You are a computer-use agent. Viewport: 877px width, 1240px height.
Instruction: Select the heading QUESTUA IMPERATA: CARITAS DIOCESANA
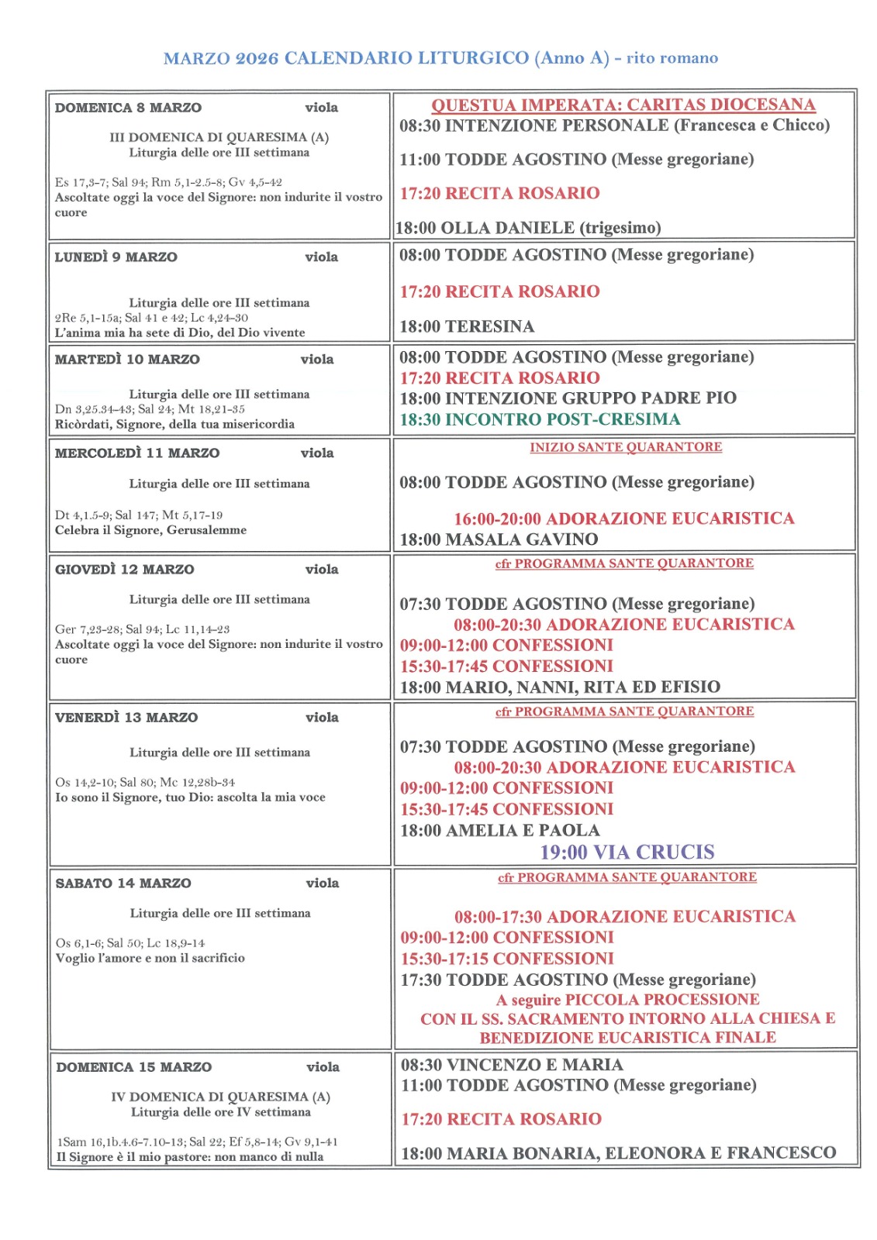tap(623, 105)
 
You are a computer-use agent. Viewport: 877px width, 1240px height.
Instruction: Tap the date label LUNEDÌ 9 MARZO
tap(116, 257)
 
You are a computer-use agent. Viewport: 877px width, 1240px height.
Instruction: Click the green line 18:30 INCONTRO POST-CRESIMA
tap(540, 419)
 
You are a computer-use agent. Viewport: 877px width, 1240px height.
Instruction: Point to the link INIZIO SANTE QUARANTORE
tap(626, 447)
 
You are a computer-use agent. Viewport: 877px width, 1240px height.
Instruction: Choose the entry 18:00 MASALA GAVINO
tap(499, 539)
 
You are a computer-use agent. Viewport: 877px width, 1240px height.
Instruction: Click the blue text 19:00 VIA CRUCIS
tap(627, 852)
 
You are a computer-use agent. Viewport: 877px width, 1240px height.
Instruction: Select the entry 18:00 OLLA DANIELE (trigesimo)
tap(528, 228)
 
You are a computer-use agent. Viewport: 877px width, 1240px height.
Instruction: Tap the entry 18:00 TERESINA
tap(467, 326)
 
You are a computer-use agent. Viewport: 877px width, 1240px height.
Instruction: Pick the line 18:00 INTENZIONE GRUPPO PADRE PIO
tap(568, 398)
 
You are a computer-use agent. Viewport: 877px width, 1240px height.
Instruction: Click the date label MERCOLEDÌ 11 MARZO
tap(136, 453)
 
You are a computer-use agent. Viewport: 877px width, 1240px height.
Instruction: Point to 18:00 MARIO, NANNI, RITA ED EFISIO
tap(560, 687)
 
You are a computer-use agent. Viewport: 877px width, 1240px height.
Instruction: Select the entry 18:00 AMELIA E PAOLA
tap(499, 830)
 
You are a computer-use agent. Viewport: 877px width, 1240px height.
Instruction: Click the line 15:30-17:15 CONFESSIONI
tap(507, 959)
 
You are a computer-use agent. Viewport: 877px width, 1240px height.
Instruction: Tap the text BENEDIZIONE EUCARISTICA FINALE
tap(627, 1038)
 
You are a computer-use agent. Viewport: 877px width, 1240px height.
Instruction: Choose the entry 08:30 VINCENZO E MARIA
tap(512, 1065)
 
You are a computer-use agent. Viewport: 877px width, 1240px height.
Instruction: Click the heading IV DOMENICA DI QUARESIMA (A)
tap(220, 1097)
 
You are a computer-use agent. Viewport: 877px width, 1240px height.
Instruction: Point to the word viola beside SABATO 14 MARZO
tap(323, 883)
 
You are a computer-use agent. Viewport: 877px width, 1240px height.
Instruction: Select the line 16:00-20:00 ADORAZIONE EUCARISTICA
tap(623, 518)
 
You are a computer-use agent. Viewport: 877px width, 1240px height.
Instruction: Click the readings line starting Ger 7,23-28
tap(142, 629)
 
